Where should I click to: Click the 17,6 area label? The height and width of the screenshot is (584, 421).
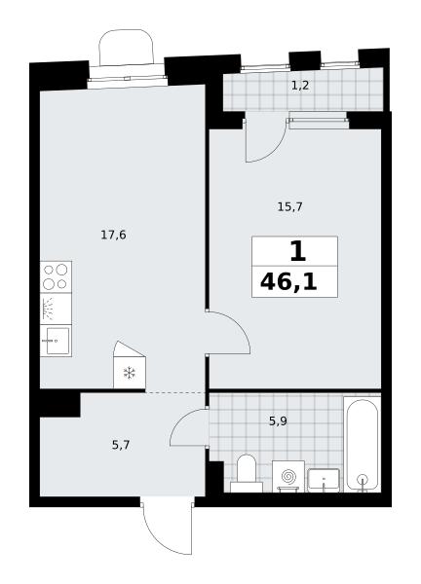(113, 236)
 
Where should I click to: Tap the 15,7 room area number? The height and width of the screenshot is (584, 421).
(289, 206)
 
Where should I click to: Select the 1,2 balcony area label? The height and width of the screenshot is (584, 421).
(300, 86)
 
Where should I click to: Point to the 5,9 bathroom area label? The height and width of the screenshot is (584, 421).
(278, 421)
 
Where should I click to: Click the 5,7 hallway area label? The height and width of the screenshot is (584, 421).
(121, 445)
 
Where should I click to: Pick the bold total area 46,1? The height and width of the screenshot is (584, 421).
(288, 282)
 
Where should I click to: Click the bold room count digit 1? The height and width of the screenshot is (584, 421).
(297, 251)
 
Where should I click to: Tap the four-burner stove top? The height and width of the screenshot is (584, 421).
(56, 276)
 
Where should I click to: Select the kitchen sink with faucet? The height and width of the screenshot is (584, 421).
(56, 341)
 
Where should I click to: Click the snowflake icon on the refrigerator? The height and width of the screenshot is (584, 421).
(129, 373)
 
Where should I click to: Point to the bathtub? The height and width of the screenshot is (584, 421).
(362, 445)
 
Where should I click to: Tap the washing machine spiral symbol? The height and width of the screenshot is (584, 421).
(288, 476)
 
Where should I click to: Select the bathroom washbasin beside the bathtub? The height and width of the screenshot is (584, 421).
(324, 481)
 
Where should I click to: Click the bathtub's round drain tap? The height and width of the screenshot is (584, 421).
(362, 479)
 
